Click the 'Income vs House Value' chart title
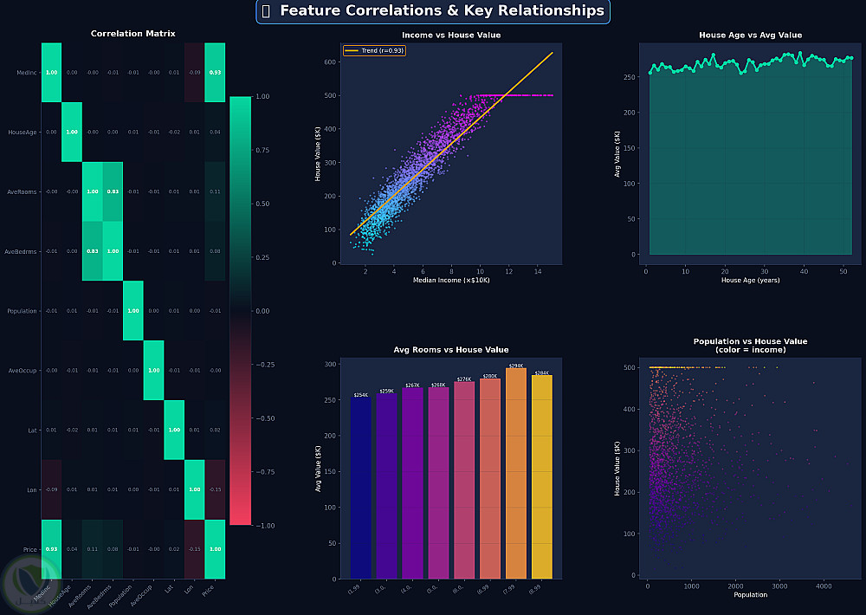(x=451, y=36)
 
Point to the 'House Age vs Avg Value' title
(x=750, y=36)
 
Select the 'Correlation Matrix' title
(x=133, y=34)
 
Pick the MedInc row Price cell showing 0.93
(x=215, y=73)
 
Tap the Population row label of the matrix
(x=22, y=311)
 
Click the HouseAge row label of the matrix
(x=23, y=133)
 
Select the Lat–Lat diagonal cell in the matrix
(x=174, y=430)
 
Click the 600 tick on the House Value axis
(x=330, y=62)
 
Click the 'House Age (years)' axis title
(x=750, y=281)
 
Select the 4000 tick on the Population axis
(x=824, y=586)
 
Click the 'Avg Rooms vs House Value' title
(x=451, y=350)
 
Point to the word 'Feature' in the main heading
(x=313, y=11)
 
